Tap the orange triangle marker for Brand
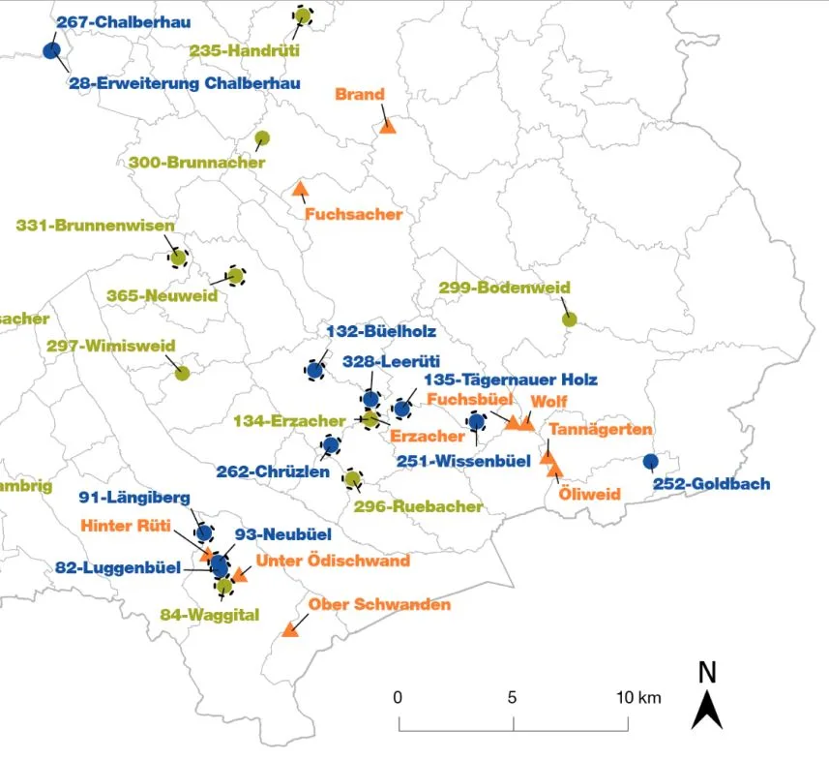coord(388,126)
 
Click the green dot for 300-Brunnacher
coord(261,138)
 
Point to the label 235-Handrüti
coord(245,49)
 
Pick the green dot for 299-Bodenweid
coord(570,319)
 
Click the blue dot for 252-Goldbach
coord(651,461)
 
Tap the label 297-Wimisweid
coord(104,346)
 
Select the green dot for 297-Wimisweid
coord(182,373)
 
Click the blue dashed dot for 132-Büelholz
coord(315,369)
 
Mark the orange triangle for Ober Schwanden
coord(289,629)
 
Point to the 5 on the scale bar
coord(513,697)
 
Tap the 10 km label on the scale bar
coord(638,697)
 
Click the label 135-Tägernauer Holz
coord(511,380)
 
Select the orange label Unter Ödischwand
coord(333,561)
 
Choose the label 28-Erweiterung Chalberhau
coord(184,83)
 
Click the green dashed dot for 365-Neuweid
coord(235,276)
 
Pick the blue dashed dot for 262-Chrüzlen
coord(331,445)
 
